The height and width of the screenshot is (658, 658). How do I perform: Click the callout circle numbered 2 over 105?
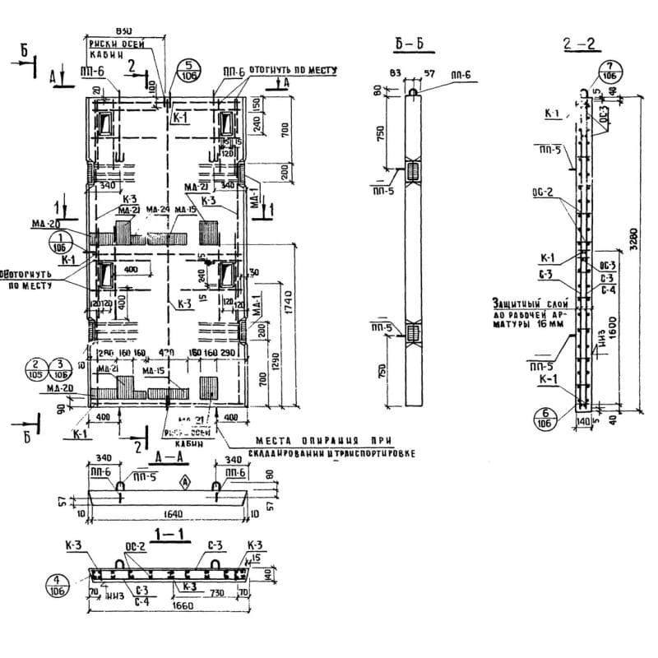click(58, 368)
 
